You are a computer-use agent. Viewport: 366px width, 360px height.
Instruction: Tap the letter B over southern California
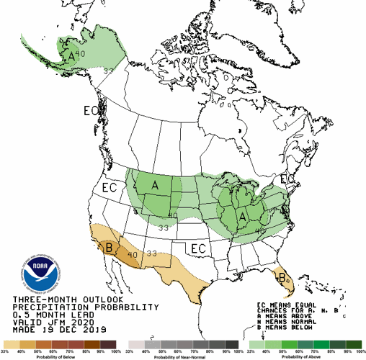[x=110, y=248]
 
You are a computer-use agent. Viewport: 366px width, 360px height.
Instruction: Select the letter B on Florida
[x=283, y=275]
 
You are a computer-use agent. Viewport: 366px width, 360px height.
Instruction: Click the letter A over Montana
[x=154, y=186]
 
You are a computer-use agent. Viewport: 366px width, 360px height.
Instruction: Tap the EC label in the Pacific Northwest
[x=110, y=187]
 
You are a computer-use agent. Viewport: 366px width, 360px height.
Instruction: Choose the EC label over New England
[x=285, y=179]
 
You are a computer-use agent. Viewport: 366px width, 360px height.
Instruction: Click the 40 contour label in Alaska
[x=81, y=53]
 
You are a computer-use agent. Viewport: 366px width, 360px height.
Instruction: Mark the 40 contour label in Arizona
[x=132, y=253]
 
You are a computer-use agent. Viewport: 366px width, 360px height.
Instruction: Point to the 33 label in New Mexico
[x=152, y=253]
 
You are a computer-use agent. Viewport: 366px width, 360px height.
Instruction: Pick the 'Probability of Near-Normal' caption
[x=183, y=356]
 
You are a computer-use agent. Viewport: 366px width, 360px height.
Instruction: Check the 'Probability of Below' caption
[x=62, y=356]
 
